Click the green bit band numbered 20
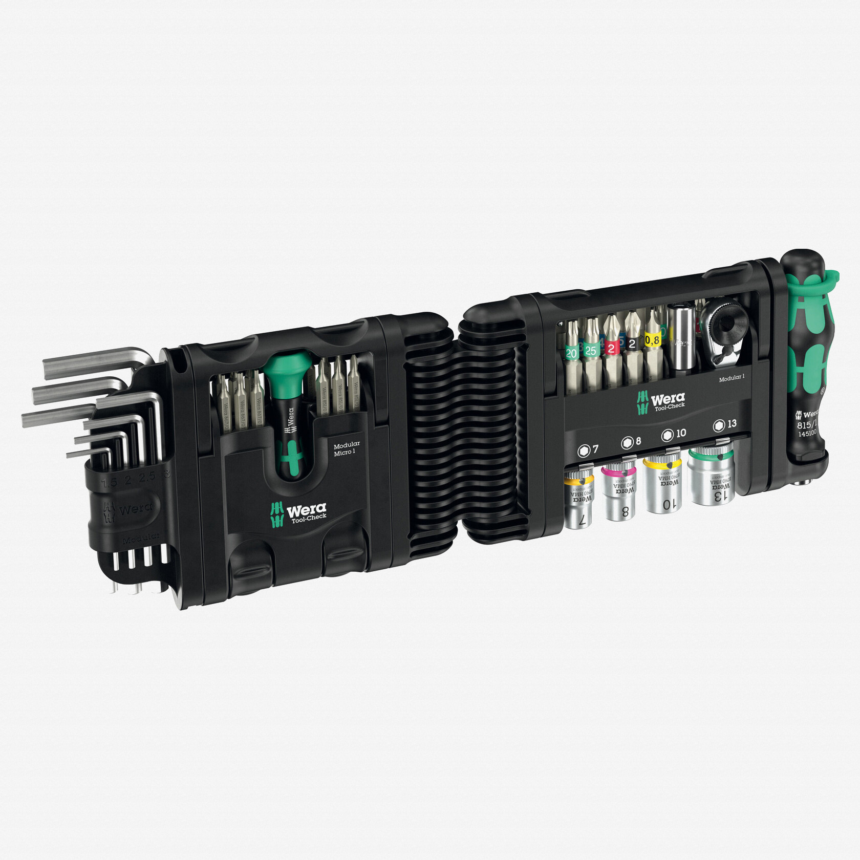click(571, 353)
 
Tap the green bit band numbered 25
click(591, 351)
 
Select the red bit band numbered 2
click(611, 348)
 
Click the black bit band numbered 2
click(632, 344)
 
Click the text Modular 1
click(732, 378)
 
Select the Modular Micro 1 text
click(346, 448)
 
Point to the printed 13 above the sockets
click(732, 423)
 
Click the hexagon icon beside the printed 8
click(627, 442)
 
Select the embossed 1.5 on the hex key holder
click(109, 482)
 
